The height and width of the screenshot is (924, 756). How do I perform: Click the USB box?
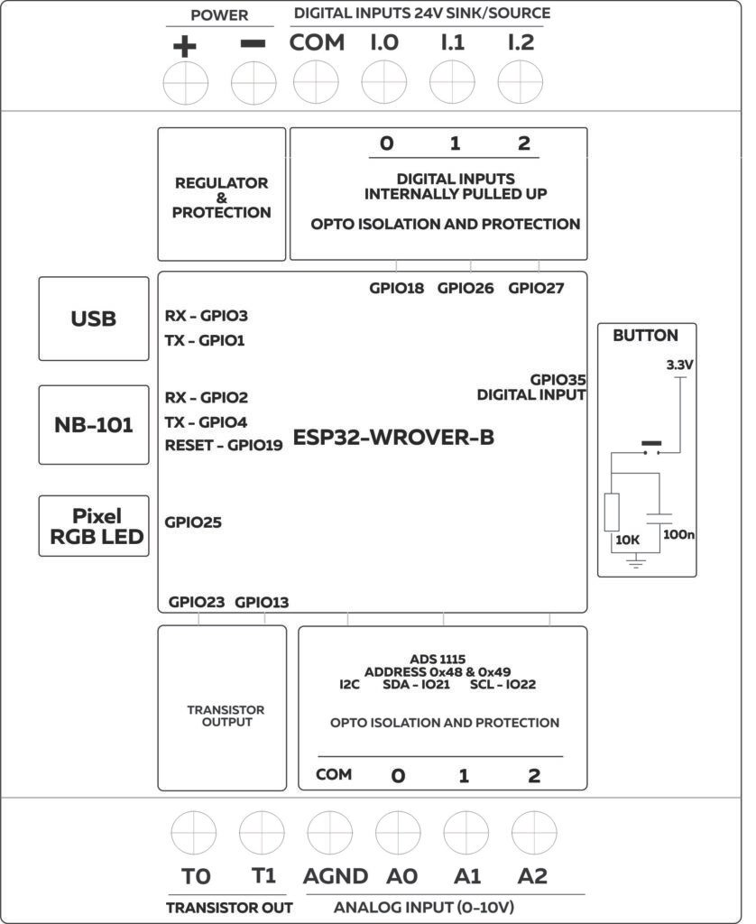94,319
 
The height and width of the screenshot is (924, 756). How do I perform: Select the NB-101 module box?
94,424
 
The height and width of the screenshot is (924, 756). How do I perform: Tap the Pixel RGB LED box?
94,526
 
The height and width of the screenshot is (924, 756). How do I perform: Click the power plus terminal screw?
185,86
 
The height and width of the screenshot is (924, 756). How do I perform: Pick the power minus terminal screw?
254,86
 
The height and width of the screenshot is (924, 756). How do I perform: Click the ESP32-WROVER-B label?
394,439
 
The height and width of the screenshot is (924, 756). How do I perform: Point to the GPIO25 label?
193,522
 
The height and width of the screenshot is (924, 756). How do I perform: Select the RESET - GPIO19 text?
224,445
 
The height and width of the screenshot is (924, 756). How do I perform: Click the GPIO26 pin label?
466,290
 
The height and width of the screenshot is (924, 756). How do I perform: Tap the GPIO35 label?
558,381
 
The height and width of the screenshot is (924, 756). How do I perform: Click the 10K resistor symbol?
612,513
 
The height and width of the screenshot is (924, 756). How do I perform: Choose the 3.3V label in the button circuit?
679,366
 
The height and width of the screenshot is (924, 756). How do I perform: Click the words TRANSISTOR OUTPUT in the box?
214,716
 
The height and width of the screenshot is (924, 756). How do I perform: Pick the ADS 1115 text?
437,659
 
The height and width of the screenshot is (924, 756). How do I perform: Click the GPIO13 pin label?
262,603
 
